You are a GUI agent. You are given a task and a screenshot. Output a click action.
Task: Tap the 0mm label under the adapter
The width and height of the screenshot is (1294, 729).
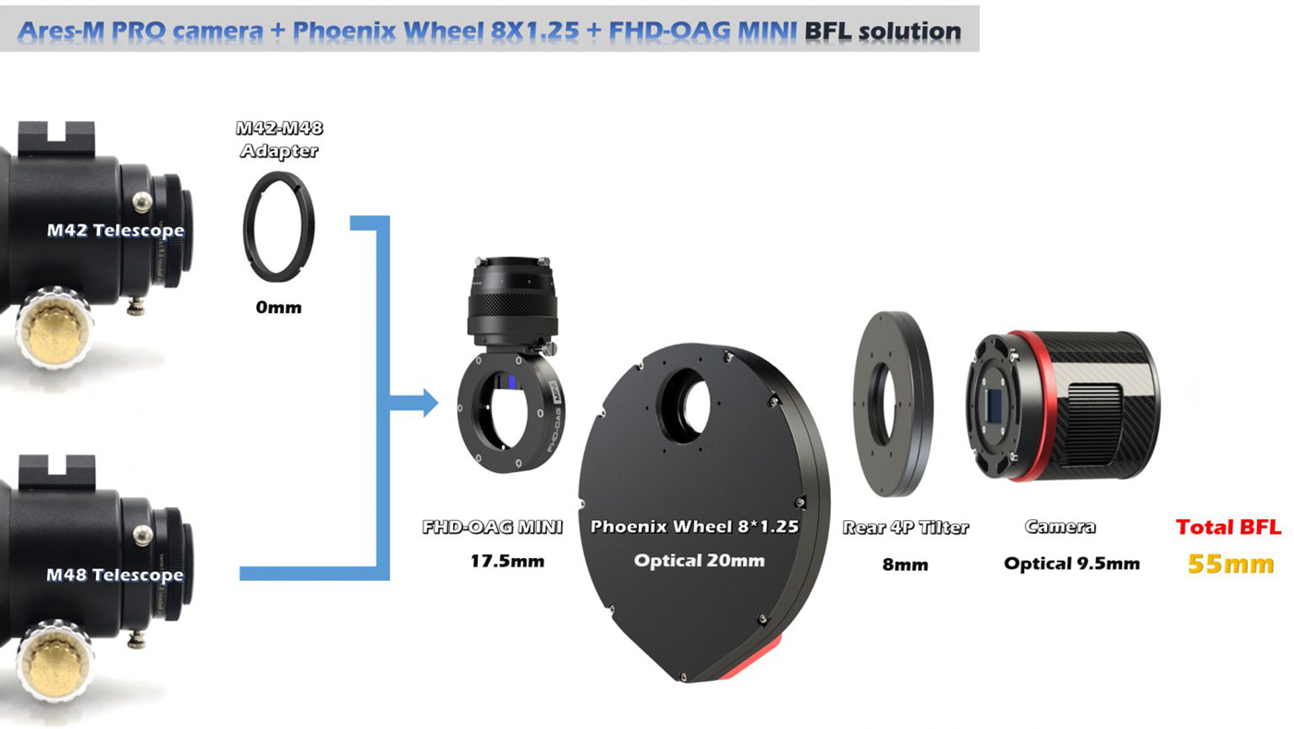(278, 308)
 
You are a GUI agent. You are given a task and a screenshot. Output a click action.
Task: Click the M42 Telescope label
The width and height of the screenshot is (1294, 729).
(116, 230)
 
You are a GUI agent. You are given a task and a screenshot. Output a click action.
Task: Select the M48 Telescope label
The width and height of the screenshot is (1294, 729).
(115, 575)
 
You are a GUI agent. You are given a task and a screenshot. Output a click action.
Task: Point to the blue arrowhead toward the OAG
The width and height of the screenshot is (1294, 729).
(430, 403)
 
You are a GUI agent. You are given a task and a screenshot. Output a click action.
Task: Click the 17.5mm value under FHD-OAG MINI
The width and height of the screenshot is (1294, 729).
(507, 561)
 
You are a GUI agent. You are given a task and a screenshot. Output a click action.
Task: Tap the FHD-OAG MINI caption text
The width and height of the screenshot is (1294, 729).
(492, 527)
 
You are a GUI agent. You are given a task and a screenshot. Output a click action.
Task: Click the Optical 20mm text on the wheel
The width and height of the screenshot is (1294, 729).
(699, 561)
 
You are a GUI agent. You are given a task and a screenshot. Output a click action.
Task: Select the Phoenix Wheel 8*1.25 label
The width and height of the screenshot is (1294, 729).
(694, 527)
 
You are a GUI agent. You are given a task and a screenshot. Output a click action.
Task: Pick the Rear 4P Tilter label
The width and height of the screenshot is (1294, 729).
(905, 528)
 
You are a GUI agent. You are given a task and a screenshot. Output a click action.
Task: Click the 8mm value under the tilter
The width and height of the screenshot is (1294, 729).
(905, 565)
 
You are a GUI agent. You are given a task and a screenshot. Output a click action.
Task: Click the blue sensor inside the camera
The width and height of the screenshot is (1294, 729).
(995, 406)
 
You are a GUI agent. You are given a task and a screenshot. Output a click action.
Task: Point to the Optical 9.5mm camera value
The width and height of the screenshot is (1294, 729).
(1071, 564)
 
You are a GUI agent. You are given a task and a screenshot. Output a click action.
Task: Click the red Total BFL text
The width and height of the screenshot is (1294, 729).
(1228, 527)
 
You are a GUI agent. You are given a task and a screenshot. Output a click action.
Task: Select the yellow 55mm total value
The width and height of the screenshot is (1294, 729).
(1230, 564)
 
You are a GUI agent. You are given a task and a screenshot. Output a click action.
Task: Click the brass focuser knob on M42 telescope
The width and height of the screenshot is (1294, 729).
(54, 327)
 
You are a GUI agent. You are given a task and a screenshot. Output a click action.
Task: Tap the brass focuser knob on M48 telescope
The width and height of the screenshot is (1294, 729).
(55, 662)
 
